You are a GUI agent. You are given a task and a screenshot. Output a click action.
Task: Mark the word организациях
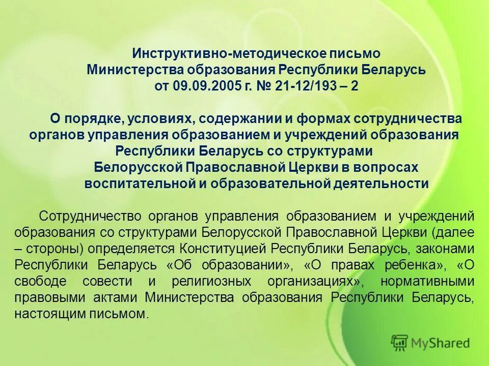[x=316, y=282]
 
